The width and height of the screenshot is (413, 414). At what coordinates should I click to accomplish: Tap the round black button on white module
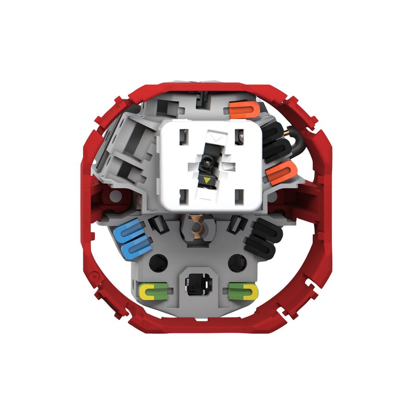click(x=206, y=162)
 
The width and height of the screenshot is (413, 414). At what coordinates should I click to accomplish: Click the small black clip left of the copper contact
click(x=157, y=225)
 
